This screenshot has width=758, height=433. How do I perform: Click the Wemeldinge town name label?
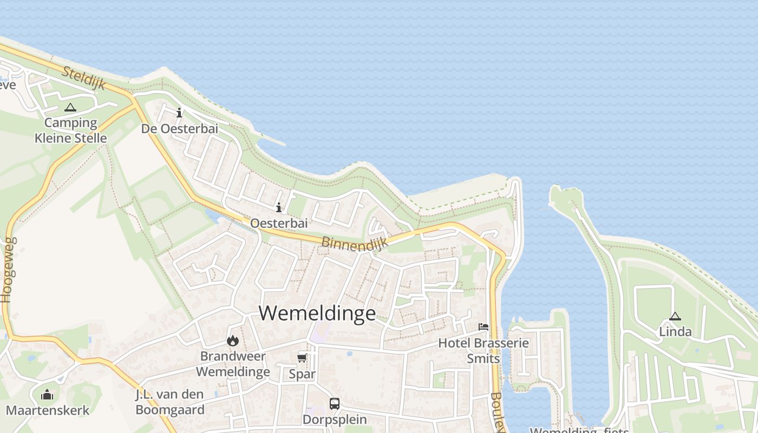317,313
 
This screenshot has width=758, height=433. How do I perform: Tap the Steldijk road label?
83,78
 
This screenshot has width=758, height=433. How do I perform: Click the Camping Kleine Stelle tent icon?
70,108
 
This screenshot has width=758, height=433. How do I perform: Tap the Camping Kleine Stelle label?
70,130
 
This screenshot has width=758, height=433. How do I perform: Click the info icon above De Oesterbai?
179,113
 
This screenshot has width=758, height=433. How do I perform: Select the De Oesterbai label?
179,129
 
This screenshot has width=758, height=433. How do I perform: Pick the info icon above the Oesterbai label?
279,207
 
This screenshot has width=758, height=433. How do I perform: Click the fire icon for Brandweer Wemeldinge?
233,340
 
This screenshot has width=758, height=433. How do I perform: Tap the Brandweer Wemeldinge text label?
233,364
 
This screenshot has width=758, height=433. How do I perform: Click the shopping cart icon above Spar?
302,358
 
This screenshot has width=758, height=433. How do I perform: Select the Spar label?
302,374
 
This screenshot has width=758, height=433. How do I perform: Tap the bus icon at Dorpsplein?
335,403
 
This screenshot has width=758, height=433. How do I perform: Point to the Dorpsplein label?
335,419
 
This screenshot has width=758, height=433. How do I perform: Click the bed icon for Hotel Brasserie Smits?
483,326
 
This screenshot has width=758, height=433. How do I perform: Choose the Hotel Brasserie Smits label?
483,350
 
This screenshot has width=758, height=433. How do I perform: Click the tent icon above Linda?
675,316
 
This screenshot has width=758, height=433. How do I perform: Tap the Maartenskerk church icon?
47,395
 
